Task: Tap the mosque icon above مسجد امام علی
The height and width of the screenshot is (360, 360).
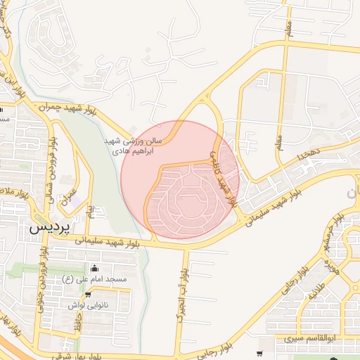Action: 95,267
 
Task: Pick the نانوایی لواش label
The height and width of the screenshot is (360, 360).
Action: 88,305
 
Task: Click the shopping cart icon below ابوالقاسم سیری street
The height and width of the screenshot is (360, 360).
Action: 260,354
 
